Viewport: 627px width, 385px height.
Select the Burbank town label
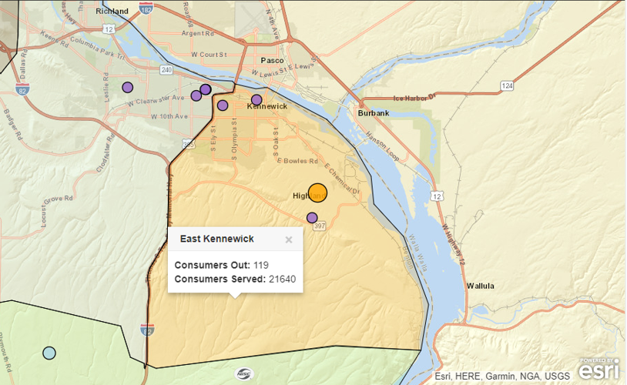(x=373, y=113)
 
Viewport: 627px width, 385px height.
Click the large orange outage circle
(x=317, y=193)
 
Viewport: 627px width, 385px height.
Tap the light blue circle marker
(x=49, y=353)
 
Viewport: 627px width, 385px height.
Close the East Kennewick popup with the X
(x=289, y=239)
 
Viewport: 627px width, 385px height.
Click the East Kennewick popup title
(x=216, y=239)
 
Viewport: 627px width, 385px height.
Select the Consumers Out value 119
(x=262, y=265)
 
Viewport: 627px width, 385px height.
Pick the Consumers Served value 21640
(x=282, y=279)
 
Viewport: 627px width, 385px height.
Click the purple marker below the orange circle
(x=312, y=218)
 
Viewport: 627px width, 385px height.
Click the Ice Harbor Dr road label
(x=414, y=98)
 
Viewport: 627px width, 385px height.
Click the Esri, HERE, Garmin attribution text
(x=501, y=376)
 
